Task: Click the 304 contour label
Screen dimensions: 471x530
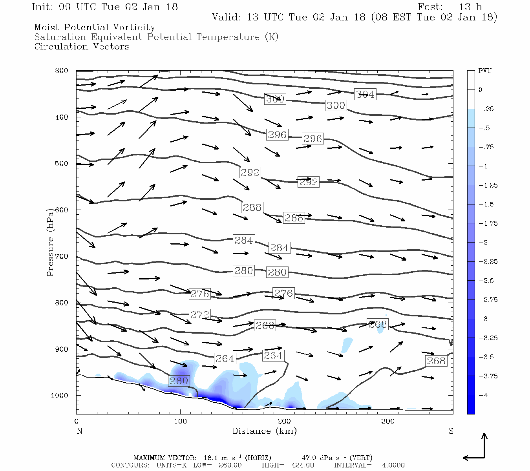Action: (x=365, y=94)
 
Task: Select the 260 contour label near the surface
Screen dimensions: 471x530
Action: (x=179, y=381)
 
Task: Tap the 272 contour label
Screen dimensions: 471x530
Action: (x=200, y=314)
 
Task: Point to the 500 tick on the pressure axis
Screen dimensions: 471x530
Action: (x=62, y=164)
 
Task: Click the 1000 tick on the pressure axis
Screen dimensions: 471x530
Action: (x=60, y=396)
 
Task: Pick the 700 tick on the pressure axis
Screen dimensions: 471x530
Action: (x=62, y=256)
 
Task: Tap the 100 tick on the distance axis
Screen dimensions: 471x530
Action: (x=180, y=422)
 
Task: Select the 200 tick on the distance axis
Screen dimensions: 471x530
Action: (x=284, y=422)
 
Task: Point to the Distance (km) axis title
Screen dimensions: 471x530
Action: (x=265, y=431)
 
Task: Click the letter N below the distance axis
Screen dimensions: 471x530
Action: (x=79, y=431)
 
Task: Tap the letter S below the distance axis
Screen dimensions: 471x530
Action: (x=451, y=431)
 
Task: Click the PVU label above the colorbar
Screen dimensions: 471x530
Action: (x=485, y=71)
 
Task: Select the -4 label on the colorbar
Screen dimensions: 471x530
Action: (x=483, y=395)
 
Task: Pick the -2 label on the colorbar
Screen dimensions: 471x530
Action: (x=483, y=243)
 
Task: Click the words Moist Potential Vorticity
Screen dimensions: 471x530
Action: (x=95, y=27)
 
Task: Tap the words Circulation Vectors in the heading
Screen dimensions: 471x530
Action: (x=82, y=47)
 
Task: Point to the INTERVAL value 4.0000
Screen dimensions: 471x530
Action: (x=393, y=465)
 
